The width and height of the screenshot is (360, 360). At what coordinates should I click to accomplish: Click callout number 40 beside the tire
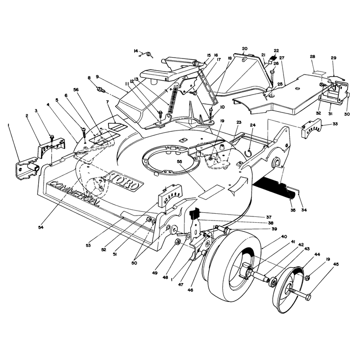(x=284, y=237)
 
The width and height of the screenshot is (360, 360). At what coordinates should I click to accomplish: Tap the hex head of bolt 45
(x=308, y=297)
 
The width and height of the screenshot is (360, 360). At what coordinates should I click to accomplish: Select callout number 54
(x=41, y=227)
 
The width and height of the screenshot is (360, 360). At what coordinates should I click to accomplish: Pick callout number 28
(x=312, y=57)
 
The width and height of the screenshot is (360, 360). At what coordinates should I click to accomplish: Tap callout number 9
(x=97, y=76)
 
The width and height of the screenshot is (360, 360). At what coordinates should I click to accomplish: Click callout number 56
(x=76, y=90)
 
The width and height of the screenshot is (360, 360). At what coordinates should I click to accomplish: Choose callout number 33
(x=335, y=124)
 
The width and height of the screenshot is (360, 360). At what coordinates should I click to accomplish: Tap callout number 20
(x=244, y=49)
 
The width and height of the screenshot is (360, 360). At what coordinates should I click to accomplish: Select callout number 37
(x=269, y=217)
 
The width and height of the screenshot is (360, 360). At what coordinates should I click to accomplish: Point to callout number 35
(x=293, y=210)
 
